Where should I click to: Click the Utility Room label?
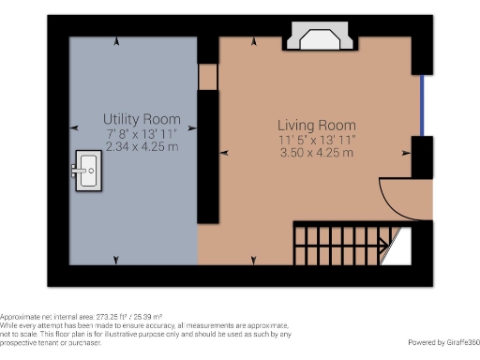[x=142, y=120]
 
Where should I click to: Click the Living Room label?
[x=316, y=125]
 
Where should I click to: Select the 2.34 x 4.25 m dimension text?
[x=142, y=148]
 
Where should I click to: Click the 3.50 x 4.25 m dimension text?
[x=316, y=153]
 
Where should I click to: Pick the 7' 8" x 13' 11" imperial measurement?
[x=142, y=134]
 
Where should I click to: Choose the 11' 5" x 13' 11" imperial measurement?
[x=316, y=139]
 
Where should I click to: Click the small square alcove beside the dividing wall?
[x=207, y=77]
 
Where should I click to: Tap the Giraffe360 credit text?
[x=442, y=341]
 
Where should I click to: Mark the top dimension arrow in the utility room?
[x=116, y=42]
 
